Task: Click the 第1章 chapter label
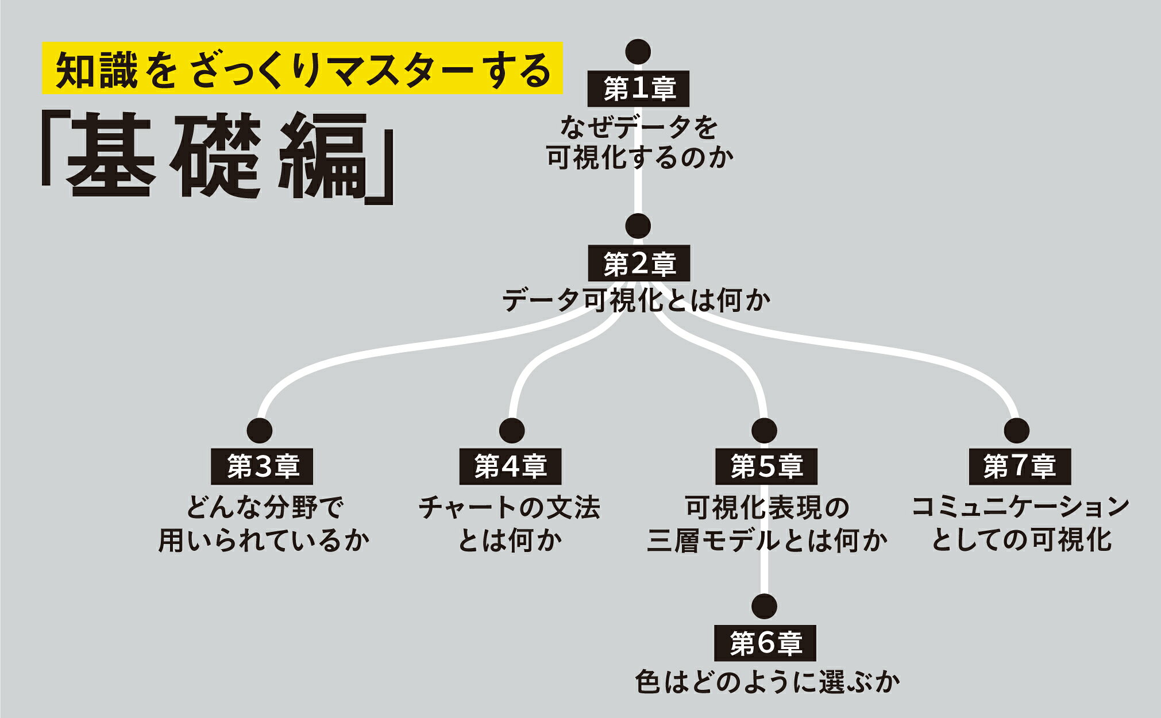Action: coord(638,89)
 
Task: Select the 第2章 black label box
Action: coord(638,264)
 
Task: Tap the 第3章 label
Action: coord(263,466)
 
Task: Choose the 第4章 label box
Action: coord(510,466)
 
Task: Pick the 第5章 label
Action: coord(766,466)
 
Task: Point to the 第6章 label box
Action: coord(765,643)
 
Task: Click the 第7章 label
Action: coord(1020,466)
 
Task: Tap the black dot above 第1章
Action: coord(638,52)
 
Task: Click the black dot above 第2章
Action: coord(638,226)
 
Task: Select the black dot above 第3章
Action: coord(259,430)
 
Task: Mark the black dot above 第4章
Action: coord(512,430)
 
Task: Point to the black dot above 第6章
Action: coord(764,606)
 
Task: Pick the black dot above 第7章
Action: coord(1016,430)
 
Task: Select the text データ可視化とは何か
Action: coord(637,300)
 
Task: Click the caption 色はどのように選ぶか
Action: coord(767,682)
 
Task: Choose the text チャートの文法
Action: coord(509,508)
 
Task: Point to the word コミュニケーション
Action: coord(1020,507)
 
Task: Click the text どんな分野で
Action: coord(265,508)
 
